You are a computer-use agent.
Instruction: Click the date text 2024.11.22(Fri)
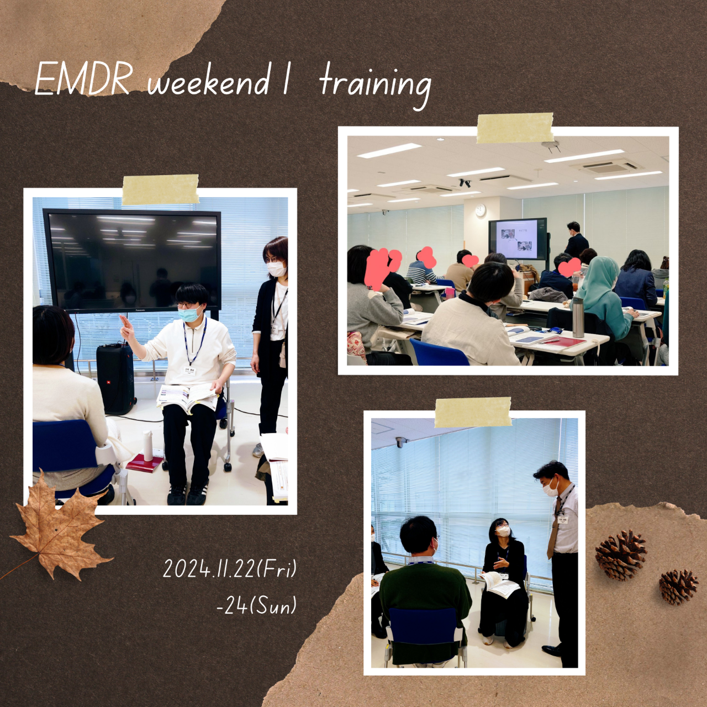[x=229, y=569]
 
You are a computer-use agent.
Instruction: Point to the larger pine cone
[x=621, y=555]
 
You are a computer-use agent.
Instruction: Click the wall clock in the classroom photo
[x=480, y=210]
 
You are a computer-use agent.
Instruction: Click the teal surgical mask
[x=189, y=315]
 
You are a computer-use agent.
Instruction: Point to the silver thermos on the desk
[x=578, y=317]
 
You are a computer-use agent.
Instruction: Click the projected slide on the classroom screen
[x=519, y=239]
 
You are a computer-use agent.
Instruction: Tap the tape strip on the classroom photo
[x=515, y=128]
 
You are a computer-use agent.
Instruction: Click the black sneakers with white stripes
[x=186, y=493]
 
